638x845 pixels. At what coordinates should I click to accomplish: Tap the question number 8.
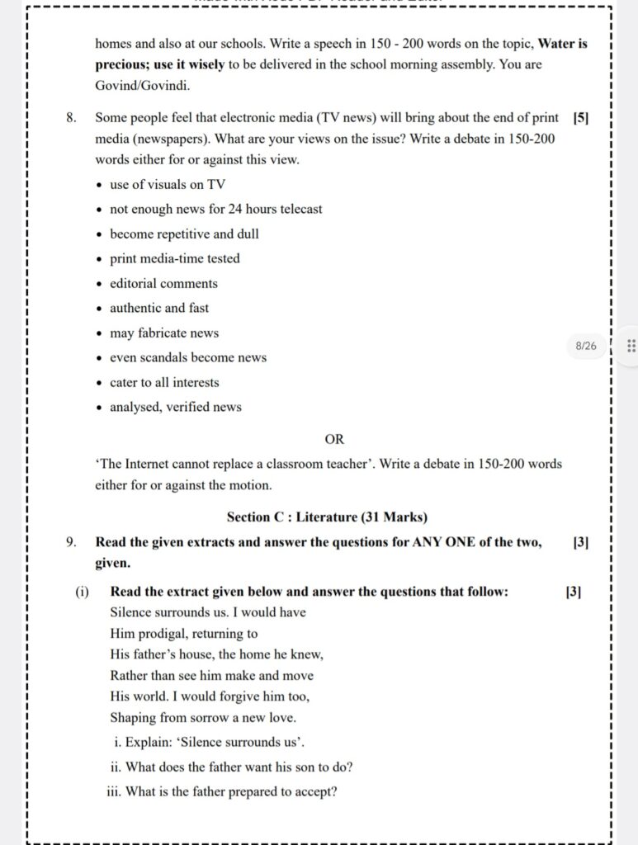tap(72, 118)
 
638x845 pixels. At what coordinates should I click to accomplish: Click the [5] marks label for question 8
tap(579, 118)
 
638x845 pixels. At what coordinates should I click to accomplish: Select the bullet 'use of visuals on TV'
tap(168, 185)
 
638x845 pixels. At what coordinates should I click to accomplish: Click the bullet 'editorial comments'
tap(163, 284)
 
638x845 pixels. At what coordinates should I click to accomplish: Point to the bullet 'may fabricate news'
tap(164, 333)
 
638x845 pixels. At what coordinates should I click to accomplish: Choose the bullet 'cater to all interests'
tap(164, 383)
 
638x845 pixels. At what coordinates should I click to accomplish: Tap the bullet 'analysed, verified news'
tap(176, 408)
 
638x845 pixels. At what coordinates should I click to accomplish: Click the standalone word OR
tap(334, 439)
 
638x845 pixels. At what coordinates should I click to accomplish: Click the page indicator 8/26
tap(585, 346)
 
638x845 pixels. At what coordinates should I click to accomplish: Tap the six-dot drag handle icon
tap(631, 346)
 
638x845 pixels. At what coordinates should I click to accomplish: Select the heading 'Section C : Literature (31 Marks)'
tap(327, 517)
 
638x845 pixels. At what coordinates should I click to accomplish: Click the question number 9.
tap(72, 542)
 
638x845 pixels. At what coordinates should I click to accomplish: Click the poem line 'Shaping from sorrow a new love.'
tap(203, 718)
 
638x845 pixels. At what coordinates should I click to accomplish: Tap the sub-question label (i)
tap(82, 592)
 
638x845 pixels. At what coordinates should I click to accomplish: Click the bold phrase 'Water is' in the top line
tap(563, 44)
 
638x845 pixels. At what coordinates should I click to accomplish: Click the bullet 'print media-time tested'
tap(175, 259)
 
